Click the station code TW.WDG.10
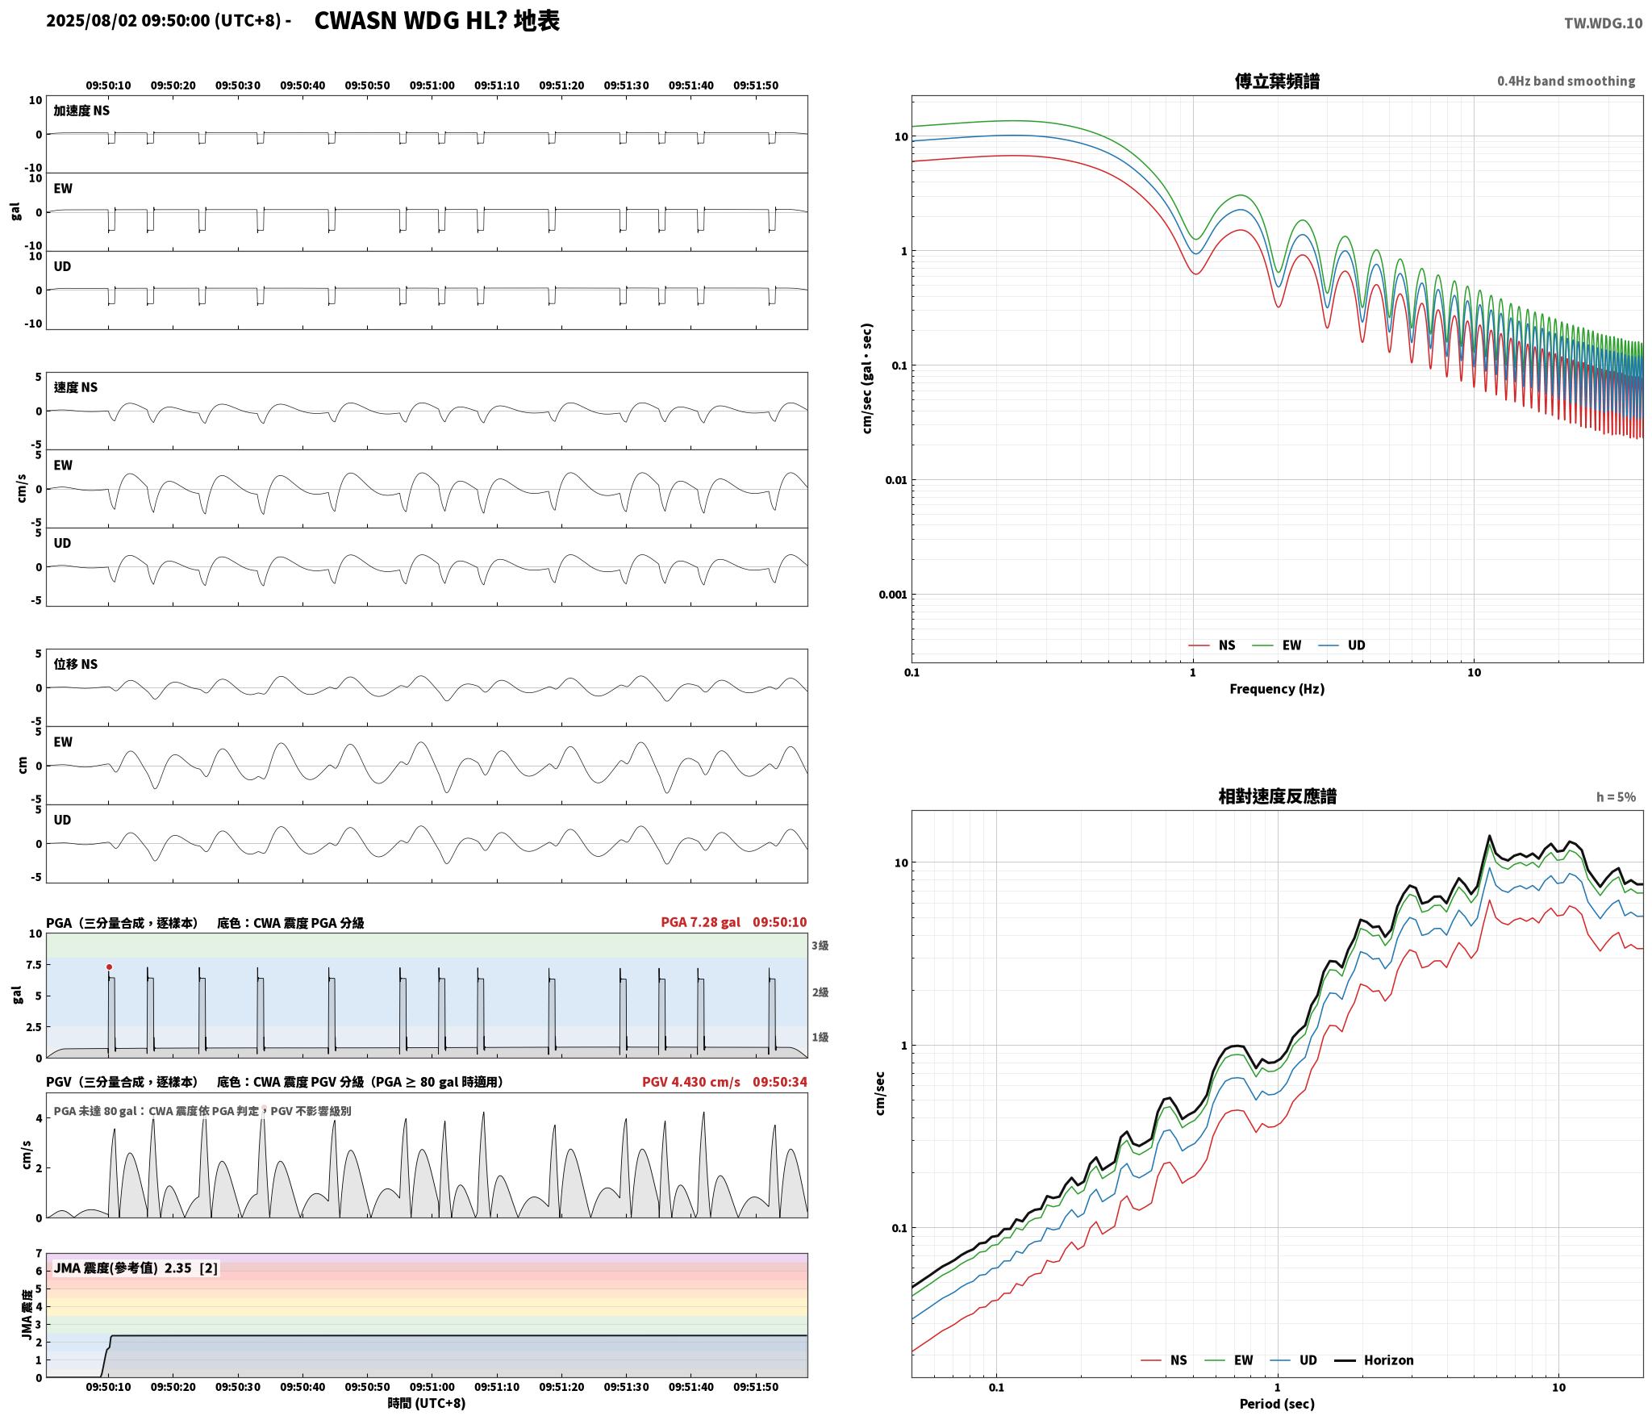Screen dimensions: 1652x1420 (1603, 23)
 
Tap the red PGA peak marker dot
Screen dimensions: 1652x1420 (109, 967)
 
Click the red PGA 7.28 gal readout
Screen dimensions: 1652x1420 (700, 922)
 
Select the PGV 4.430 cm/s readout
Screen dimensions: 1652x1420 (690, 1082)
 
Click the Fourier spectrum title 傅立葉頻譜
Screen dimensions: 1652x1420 (1277, 81)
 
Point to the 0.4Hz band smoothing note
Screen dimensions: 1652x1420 (1566, 81)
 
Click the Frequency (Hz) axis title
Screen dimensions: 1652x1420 (1277, 689)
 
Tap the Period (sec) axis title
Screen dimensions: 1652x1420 (1277, 1404)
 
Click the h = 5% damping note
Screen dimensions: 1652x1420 (1616, 797)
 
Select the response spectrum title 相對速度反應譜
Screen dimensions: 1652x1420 (1277, 796)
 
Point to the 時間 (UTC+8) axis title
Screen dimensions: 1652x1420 (427, 1403)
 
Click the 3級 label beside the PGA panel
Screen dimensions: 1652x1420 (820, 946)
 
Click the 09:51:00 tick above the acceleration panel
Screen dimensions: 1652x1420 (432, 86)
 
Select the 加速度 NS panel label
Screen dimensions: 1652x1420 (81, 111)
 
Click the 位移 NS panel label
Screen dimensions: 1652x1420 (75, 664)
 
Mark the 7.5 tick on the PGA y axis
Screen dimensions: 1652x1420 (34, 965)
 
